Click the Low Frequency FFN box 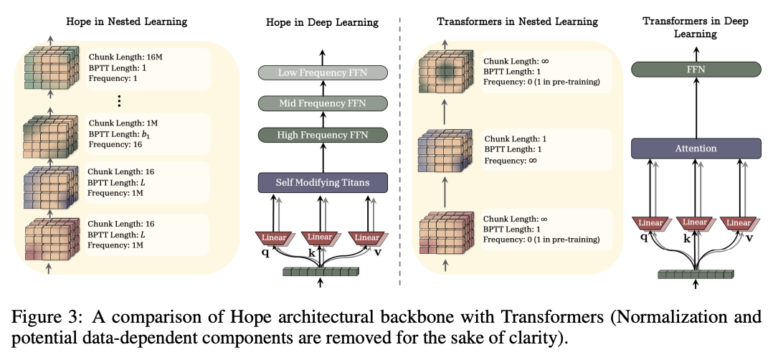click(322, 72)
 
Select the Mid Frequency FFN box click(322, 103)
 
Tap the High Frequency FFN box click(322, 134)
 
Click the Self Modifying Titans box click(322, 183)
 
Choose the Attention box click(696, 148)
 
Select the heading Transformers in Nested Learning click(517, 22)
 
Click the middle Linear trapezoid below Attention click(696, 223)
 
